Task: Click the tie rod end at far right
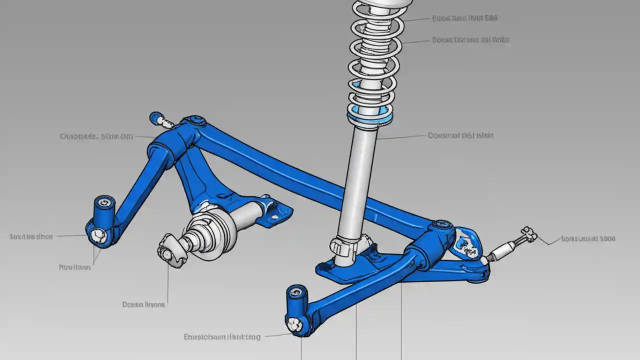527,235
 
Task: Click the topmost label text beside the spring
465,18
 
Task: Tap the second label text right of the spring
470,39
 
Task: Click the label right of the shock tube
460,135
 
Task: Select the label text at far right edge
588,239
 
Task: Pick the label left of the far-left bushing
31,236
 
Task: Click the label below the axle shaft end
143,304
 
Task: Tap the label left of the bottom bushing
222,337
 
